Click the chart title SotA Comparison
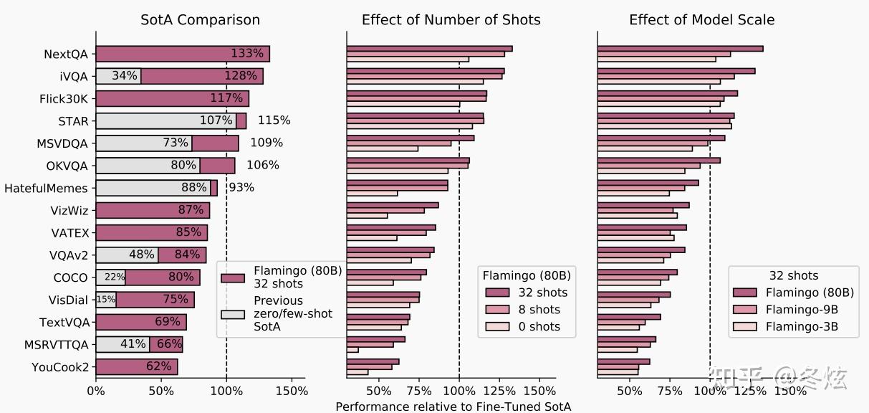point(200,19)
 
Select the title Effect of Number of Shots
point(451,19)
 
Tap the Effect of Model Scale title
point(701,19)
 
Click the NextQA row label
point(66,54)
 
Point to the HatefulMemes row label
point(46,189)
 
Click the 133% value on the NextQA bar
point(247,54)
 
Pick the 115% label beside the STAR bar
point(274,120)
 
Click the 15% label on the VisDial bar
point(105,300)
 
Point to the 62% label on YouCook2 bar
point(159,366)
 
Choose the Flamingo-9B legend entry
point(801,310)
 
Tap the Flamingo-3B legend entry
point(801,327)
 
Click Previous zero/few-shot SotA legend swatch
point(233,314)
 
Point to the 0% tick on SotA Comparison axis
point(96,391)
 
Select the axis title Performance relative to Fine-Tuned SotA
point(453,407)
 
